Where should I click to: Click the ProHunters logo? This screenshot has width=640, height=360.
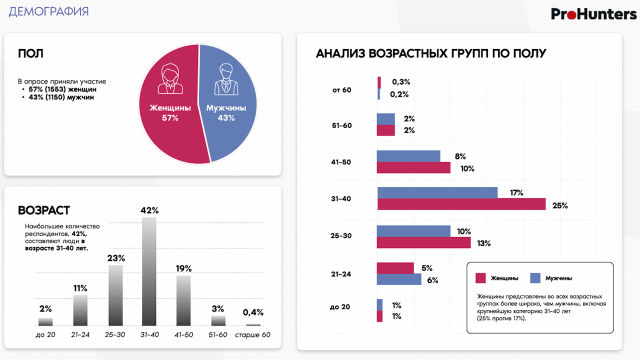click(593, 14)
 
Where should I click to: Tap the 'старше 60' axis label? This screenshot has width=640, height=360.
click(252, 334)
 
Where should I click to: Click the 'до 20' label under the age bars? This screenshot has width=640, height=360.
click(45, 334)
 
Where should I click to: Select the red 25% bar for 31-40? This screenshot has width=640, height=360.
click(461, 204)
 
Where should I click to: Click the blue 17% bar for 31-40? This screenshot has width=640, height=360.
click(437, 193)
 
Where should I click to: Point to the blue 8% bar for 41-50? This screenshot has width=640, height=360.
click(408, 156)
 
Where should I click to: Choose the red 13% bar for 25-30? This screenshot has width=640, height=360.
click(423, 242)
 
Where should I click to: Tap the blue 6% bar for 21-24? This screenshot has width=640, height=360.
click(398, 279)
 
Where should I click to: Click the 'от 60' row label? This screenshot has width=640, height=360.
click(342, 90)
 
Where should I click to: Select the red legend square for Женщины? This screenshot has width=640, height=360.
click(480, 278)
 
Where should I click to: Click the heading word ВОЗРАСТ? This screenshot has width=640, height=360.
click(44, 210)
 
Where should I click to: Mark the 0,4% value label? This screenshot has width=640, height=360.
click(253, 312)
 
